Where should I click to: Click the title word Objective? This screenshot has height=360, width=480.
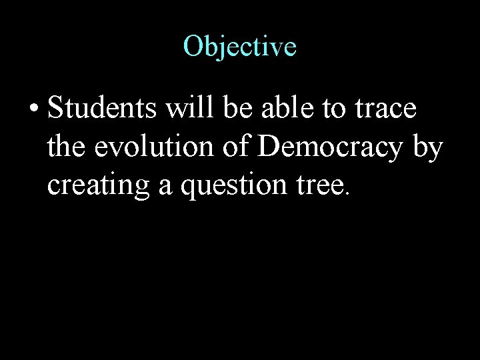[240, 47]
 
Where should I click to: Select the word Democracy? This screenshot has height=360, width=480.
[330, 148]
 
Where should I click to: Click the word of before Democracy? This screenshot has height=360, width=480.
[235, 147]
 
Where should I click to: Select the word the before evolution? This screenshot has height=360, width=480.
[67, 148]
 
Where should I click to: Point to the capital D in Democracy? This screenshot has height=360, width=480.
[267, 147]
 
